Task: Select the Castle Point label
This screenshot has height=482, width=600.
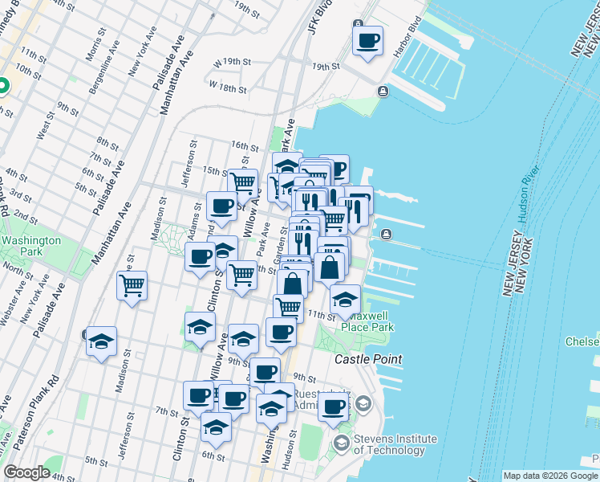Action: click(368, 359)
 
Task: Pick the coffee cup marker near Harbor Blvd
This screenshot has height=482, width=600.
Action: click(367, 40)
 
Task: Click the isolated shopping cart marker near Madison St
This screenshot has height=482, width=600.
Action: click(132, 285)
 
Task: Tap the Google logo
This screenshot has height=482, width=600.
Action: click(26, 472)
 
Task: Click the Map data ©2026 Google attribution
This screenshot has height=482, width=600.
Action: click(550, 476)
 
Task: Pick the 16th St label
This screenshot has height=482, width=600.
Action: click(244, 147)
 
